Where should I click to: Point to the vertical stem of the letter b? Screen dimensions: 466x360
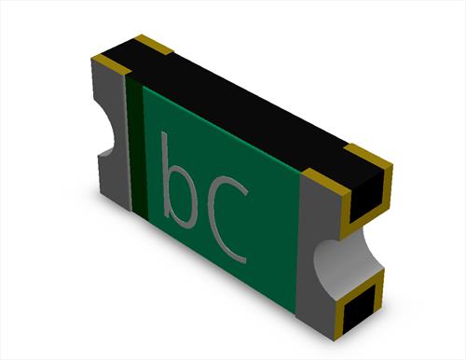(165, 174)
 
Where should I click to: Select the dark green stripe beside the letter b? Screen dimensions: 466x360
(136, 146)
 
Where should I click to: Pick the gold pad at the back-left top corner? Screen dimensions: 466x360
(153, 45)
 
